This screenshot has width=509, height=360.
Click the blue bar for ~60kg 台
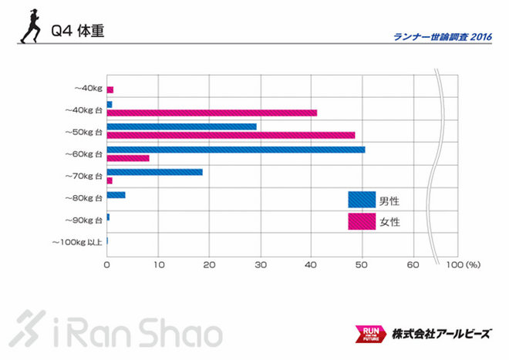coord(235,150)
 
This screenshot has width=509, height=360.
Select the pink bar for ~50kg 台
coord(231,136)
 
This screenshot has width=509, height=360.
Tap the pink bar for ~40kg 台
coord(211,113)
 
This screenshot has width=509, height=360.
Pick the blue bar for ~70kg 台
coord(154,172)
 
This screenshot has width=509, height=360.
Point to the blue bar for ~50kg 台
coord(181,126)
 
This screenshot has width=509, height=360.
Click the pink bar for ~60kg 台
coord(128,158)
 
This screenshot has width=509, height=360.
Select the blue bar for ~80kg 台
coord(116,195)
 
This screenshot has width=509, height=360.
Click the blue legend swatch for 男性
coord(362,200)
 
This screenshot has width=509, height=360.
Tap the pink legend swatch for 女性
coord(362,222)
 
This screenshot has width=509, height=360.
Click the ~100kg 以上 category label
coord(76,242)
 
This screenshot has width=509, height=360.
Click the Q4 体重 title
coord(77,32)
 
